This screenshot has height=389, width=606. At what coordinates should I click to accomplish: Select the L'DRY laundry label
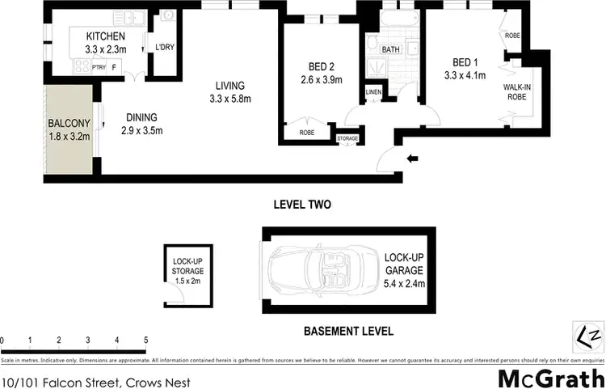point(165,48)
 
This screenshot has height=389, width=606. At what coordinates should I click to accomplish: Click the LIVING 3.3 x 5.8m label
point(229,92)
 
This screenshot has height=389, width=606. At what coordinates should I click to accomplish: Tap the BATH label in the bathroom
point(391,49)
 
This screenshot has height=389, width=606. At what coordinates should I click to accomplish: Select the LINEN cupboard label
point(372,91)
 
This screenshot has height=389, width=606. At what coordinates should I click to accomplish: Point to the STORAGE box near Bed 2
point(347,139)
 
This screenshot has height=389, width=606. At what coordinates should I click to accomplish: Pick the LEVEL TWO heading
point(302,205)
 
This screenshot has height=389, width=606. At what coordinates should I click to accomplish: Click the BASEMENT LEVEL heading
point(347,330)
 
